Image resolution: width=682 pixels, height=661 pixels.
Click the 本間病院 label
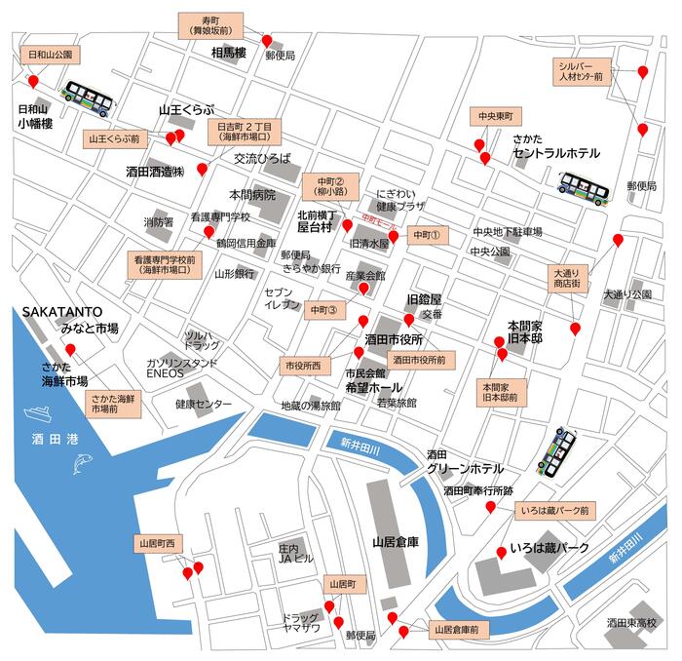[252, 194]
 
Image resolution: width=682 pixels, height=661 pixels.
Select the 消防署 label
[158, 222]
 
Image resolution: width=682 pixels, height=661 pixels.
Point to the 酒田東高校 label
[631, 622]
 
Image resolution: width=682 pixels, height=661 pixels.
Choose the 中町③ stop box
[322, 310]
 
